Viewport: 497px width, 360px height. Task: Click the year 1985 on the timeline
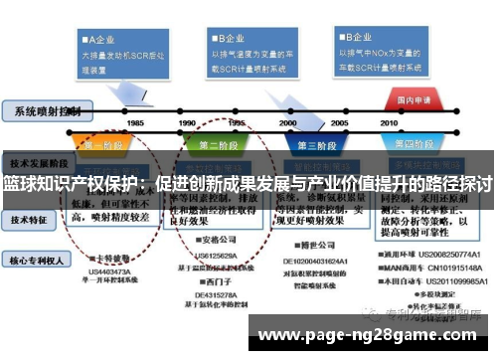coord(136,122)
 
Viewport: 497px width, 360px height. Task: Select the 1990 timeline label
coord(188,122)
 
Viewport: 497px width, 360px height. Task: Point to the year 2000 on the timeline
coord(289,122)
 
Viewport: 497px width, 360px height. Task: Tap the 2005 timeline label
coord(340,122)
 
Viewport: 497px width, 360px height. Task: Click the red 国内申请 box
coord(413,99)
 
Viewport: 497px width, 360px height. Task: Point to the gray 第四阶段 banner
coord(421,144)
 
